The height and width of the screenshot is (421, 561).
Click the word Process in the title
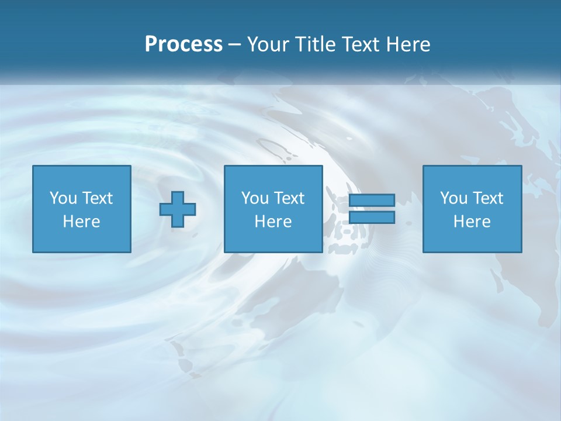coord(183,44)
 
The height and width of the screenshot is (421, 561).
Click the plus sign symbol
coord(178,209)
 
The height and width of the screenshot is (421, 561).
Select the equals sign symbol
coord(372,209)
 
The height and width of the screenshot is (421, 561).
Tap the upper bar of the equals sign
coord(372,201)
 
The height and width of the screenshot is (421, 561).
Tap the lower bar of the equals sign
coord(372,218)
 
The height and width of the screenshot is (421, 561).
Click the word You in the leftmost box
coord(63,198)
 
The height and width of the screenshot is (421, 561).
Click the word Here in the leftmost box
coord(81,222)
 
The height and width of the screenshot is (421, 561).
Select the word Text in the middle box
coord(289,198)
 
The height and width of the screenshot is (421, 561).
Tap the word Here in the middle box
coord(273,222)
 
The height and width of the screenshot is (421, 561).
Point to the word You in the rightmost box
coord(453,198)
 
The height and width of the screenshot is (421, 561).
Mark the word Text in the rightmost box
coord(488,198)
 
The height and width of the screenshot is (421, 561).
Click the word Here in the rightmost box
coord(472,222)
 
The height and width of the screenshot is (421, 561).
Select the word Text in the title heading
coord(363,44)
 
